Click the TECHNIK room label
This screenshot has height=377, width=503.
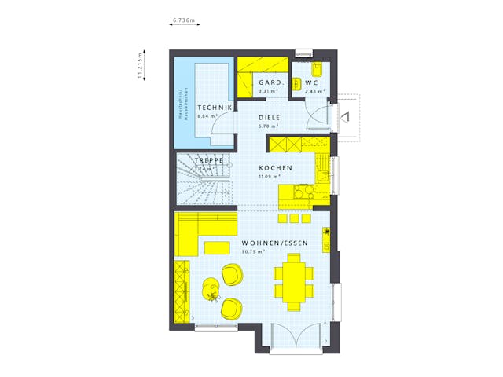(215, 108)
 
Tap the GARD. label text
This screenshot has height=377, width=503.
(271, 83)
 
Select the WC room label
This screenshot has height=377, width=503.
(311, 83)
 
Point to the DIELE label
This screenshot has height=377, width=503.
(270, 119)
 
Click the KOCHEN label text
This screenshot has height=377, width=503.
(276, 167)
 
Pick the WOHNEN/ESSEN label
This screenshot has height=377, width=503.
(274, 243)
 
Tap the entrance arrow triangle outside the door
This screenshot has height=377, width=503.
(345, 118)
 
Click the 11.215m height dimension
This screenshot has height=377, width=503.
(140, 67)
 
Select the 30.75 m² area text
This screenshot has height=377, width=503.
(253, 251)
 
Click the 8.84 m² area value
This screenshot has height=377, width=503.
(207, 116)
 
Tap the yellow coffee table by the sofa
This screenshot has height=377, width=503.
(215, 248)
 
